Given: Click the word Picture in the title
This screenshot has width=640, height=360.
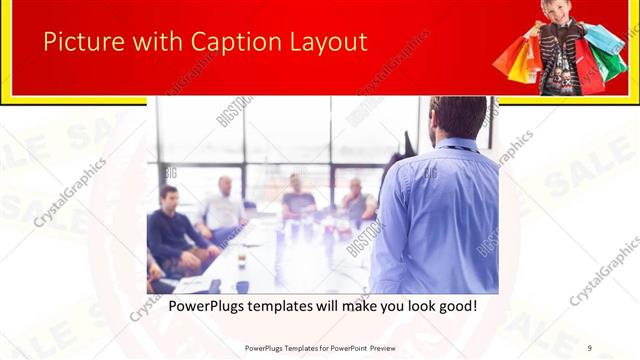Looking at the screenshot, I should [79, 43].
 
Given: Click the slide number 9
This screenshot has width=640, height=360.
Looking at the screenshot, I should [590, 347].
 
